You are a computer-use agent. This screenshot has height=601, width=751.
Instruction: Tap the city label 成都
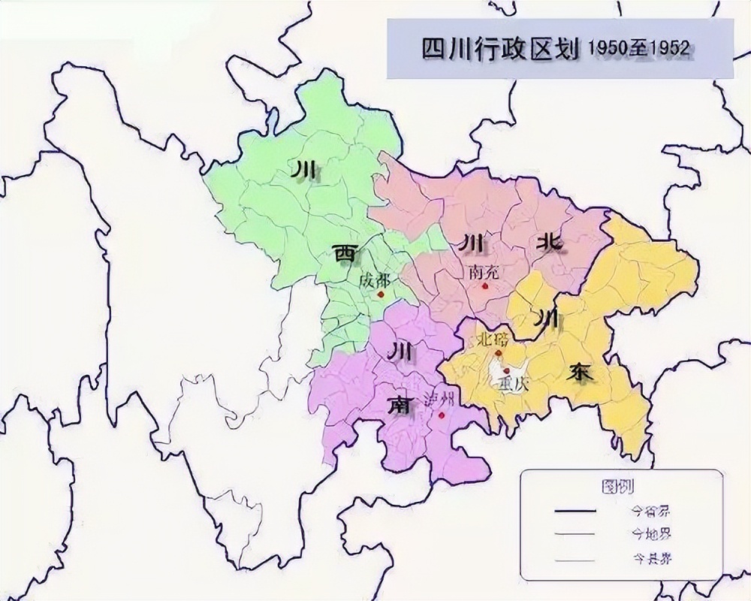[x=374, y=281]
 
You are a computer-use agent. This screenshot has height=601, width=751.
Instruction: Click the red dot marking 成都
[x=381, y=294]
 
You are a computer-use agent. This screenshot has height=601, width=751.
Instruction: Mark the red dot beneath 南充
[x=485, y=286]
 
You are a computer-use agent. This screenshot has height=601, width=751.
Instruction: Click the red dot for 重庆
[x=507, y=371]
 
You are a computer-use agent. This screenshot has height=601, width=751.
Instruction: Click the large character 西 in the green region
[x=346, y=255]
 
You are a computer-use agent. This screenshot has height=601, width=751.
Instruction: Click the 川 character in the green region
[x=303, y=172]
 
